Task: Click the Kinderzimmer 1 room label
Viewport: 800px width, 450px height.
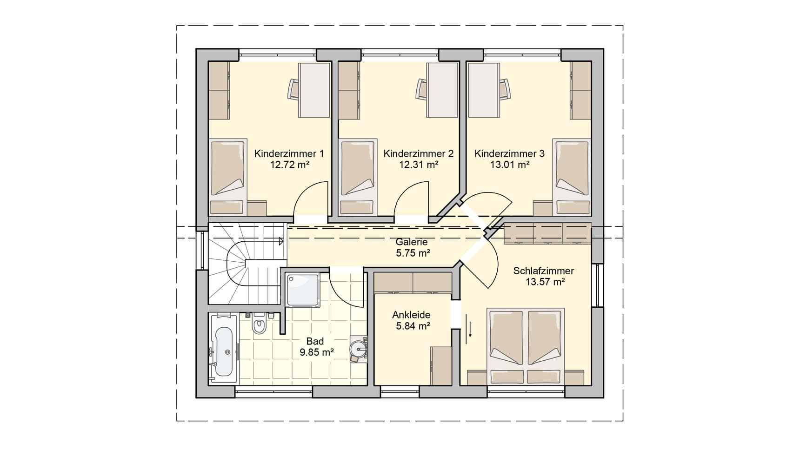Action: tap(289, 153)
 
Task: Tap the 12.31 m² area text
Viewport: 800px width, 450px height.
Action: tap(419, 165)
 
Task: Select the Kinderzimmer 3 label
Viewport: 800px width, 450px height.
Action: tap(509, 153)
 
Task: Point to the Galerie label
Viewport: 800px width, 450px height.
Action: tap(412, 242)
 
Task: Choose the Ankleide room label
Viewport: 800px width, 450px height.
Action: tap(411, 315)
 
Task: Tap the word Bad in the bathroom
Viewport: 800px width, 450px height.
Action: tap(315, 342)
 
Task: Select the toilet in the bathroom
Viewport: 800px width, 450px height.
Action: tap(259, 324)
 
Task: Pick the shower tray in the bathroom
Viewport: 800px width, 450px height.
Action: tap(303, 290)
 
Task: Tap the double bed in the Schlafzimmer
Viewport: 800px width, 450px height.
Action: tap(526, 346)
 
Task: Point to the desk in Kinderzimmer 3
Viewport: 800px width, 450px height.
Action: tap(484, 90)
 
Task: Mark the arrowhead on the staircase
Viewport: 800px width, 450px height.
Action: tap(281, 241)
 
